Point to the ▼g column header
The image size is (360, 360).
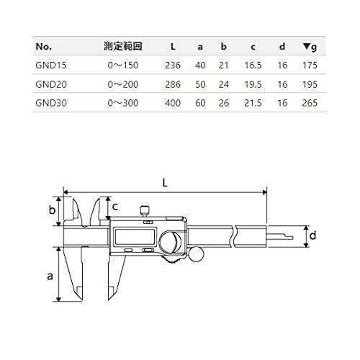click(x=310, y=47)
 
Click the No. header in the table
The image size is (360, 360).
click(x=42, y=47)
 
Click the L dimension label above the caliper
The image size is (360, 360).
click(x=166, y=183)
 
